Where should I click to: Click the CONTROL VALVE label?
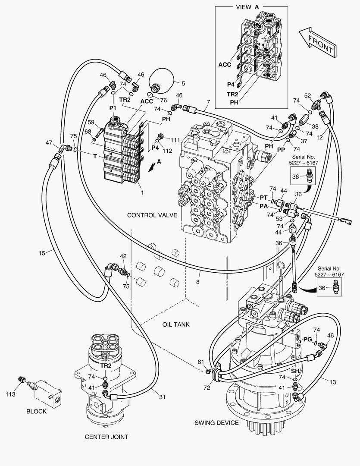coord(152,215)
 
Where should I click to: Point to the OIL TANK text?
coord(175,324)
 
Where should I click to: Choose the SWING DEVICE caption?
coord(216,422)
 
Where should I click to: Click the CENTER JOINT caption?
coord(106,437)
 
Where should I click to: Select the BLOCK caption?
coord(36,411)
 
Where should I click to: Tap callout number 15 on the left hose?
coord(42,253)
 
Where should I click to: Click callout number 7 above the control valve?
coord(208,102)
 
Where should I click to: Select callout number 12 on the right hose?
coord(332,138)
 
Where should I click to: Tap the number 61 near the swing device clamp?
coord(200,362)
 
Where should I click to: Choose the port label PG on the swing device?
coord(307,339)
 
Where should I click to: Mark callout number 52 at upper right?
coord(307,95)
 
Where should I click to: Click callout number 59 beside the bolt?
coord(91,122)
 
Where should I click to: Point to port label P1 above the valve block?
coord(113,107)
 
